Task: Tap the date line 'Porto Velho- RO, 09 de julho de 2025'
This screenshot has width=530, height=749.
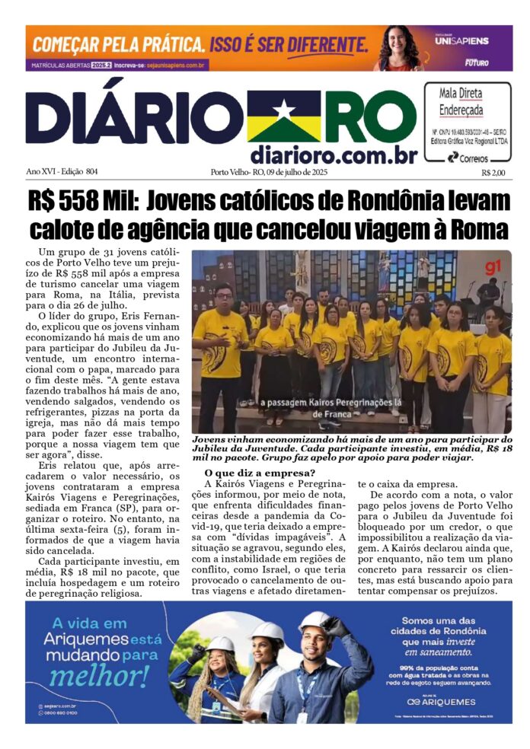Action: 271,173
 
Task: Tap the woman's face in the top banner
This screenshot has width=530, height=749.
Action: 398,43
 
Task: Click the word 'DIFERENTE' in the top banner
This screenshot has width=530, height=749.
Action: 323,42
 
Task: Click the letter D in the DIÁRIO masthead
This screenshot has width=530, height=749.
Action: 52,122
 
